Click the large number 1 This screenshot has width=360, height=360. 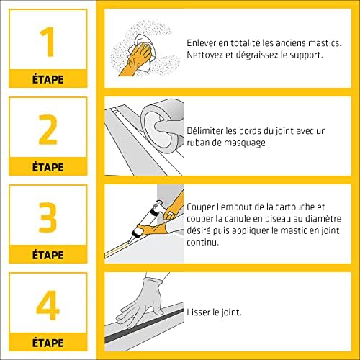[x=48, y=43]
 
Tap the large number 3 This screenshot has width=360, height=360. [x=48, y=217]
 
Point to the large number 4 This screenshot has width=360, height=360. [x=48, y=305]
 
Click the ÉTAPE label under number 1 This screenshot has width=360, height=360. [x=48, y=78]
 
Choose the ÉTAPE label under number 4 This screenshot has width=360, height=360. [x=48, y=341]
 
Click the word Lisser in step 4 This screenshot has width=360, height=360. [x=198, y=312]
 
